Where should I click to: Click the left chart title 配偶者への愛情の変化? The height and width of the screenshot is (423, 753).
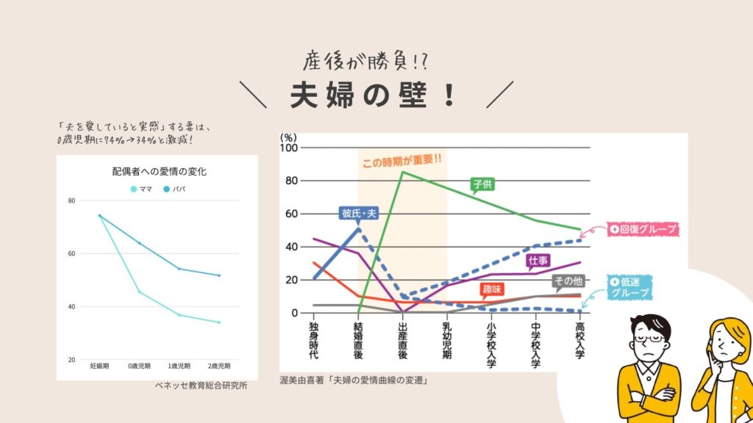point(159,172)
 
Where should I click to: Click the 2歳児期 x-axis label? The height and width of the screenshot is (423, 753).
point(218,365)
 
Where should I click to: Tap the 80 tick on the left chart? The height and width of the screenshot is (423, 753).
point(71,200)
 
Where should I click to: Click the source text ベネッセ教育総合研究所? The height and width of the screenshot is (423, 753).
point(201,385)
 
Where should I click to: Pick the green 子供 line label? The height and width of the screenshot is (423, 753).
point(482,184)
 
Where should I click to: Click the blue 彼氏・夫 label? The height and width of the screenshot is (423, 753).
point(359,213)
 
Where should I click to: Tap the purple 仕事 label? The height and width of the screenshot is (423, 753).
point(536,260)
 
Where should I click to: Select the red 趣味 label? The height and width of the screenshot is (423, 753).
point(492,289)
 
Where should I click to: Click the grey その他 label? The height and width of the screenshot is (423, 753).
point(567,280)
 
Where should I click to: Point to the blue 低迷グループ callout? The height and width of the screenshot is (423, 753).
point(629,287)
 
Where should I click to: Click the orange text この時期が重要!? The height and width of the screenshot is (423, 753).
point(402,159)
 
